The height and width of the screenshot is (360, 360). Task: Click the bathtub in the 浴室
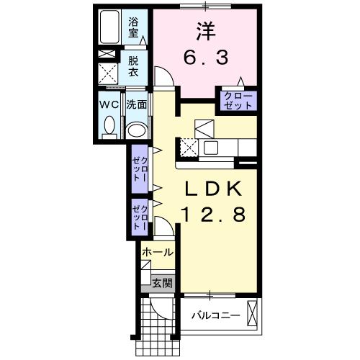tap(109, 27)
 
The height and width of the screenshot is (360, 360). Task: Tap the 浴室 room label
tap(133, 28)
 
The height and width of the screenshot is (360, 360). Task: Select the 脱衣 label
tap(133, 66)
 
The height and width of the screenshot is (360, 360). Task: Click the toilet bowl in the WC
tap(109, 125)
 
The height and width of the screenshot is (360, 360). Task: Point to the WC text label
tap(109, 104)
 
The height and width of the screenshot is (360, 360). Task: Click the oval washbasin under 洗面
tap(137, 130)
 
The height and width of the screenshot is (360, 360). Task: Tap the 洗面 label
tap(137, 104)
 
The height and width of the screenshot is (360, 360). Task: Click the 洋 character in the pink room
tap(206, 32)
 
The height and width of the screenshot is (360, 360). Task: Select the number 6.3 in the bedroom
tap(206, 58)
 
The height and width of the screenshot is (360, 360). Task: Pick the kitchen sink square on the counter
tap(211, 148)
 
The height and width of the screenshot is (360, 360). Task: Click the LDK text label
tap(212, 189)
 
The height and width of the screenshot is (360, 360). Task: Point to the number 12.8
tap(214, 215)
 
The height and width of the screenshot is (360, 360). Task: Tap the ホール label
tap(158, 252)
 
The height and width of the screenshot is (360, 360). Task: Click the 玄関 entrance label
tap(163, 283)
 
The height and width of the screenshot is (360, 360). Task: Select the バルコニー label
tap(216, 315)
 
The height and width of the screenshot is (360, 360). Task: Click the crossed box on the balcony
tap(252, 313)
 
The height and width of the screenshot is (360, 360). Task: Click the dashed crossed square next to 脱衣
tap(108, 73)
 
